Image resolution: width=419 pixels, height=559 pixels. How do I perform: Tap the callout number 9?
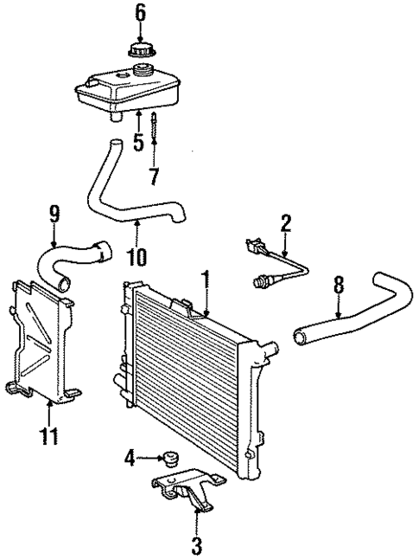(x=54, y=211)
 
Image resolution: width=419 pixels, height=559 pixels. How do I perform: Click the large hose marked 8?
(x=363, y=312)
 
